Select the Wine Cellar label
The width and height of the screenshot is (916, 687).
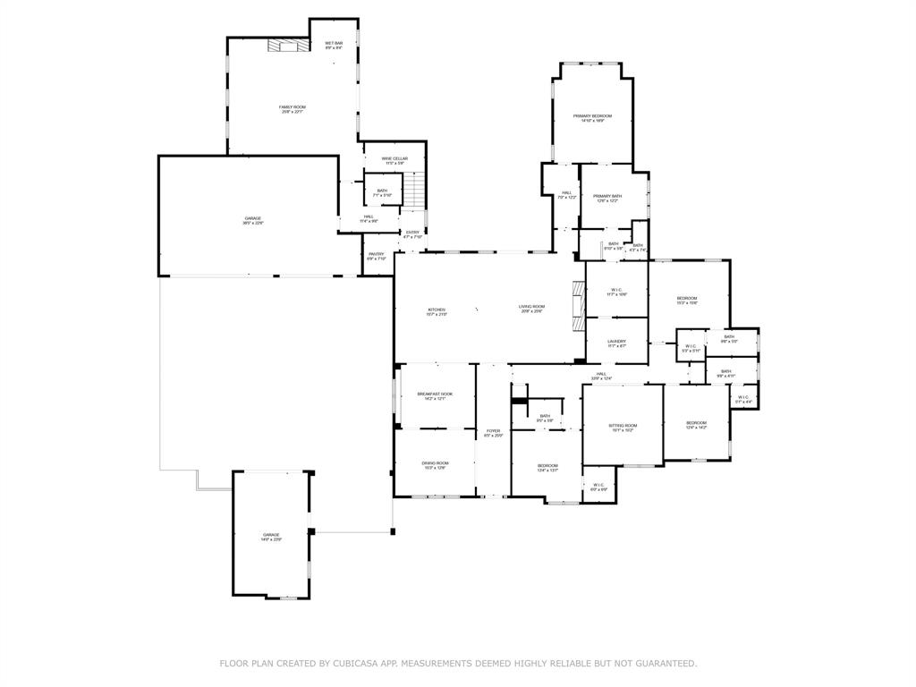click(x=394, y=160)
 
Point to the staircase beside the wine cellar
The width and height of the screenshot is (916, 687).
click(x=413, y=189)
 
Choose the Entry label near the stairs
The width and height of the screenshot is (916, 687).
click(x=412, y=234)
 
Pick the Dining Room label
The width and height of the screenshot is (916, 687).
click(x=435, y=464)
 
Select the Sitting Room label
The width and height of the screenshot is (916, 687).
click(x=623, y=427)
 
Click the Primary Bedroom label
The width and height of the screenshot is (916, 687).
click(x=592, y=117)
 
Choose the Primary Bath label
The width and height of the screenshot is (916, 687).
click(x=607, y=198)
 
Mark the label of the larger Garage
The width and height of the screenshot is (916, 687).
click(x=253, y=220)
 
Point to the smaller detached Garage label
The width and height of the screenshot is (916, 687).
click(x=271, y=537)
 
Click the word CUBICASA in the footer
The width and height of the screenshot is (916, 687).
click(x=352, y=663)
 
